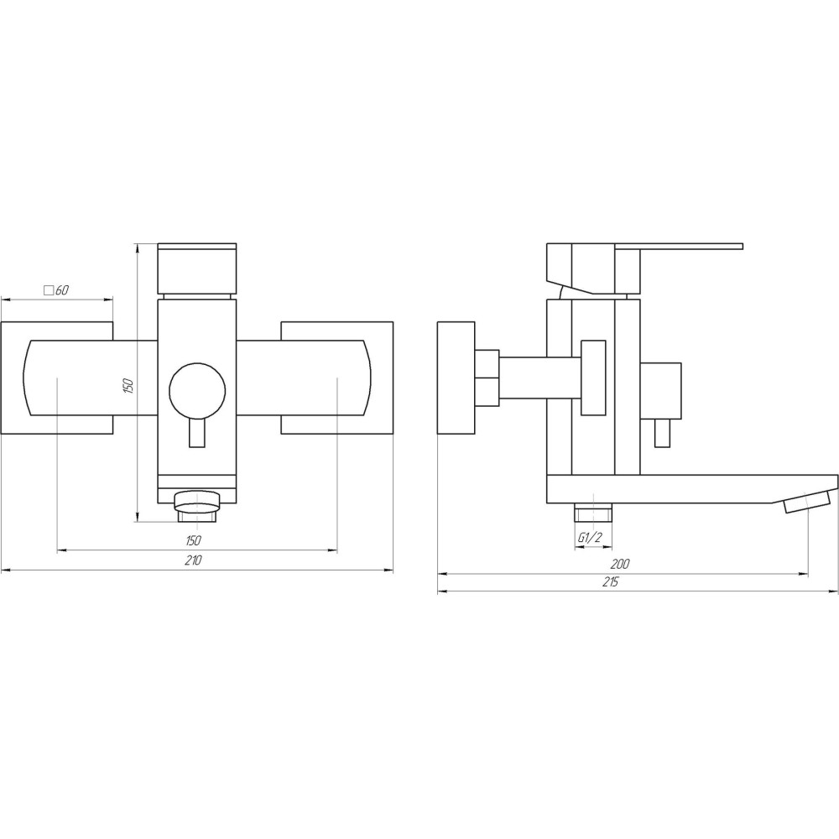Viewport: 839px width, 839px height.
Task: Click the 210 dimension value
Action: (x=194, y=560)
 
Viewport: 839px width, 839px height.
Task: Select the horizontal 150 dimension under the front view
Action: (x=194, y=540)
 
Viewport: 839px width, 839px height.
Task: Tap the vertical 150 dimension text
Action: (x=128, y=387)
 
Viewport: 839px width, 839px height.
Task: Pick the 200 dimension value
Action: (x=620, y=564)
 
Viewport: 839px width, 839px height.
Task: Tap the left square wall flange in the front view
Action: (x=56, y=378)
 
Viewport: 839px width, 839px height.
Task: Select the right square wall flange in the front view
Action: (x=337, y=378)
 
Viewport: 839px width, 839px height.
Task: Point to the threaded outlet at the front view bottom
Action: (x=196, y=503)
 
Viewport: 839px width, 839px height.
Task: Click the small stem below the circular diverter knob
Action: (x=197, y=435)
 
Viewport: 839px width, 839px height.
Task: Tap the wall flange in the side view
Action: (x=456, y=378)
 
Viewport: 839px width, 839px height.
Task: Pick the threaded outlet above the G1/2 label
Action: (x=593, y=513)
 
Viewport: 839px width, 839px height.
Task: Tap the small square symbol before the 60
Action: (x=48, y=290)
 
